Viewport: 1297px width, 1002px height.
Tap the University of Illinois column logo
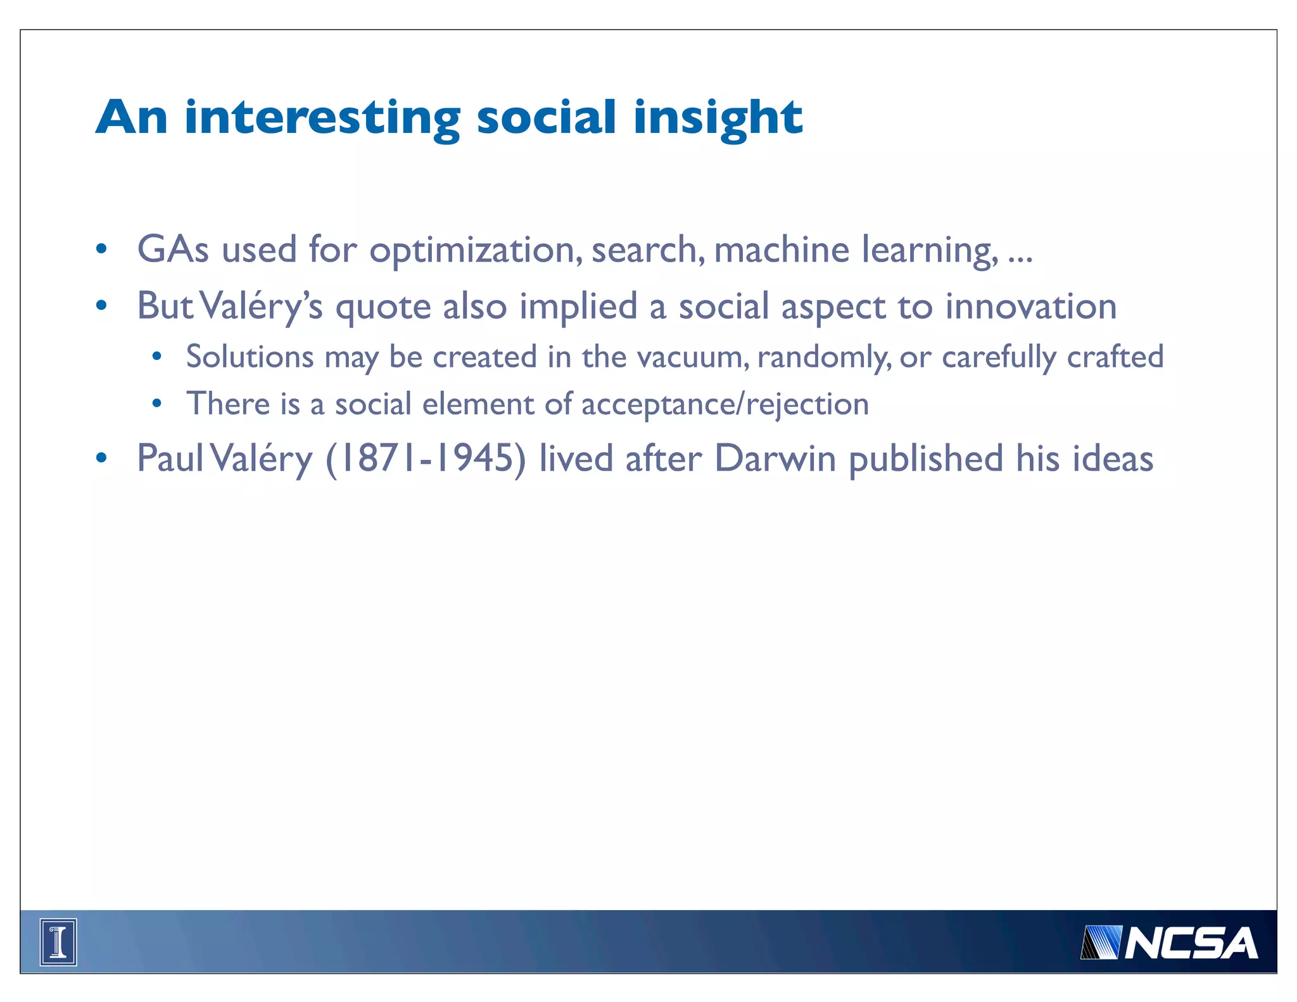point(58,942)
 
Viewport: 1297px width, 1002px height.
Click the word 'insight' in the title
point(718,118)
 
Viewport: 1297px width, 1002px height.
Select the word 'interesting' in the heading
point(322,118)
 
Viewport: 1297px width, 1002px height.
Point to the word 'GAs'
point(173,249)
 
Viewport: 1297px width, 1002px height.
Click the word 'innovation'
point(1031,307)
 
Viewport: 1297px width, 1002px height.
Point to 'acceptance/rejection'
point(725,404)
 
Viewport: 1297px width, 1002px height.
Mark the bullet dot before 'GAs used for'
point(101,249)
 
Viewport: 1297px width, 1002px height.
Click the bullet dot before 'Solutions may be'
point(156,357)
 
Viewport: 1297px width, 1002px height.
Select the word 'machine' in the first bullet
point(781,249)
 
